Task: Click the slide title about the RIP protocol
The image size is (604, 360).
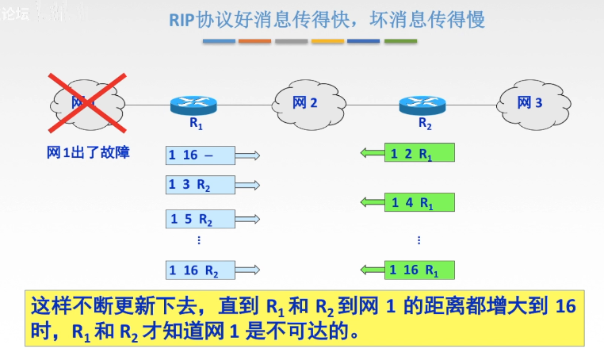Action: [x=326, y=19]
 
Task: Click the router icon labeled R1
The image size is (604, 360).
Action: [x=193, y=105]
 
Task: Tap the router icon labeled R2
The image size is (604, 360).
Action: [x=422, y=105]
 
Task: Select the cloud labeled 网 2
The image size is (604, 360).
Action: [x=305, y=103]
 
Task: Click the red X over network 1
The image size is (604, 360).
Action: [x=87, y=101]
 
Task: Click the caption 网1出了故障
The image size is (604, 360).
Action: [x=88, y=153]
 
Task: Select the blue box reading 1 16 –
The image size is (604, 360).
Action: [x=201, y=155]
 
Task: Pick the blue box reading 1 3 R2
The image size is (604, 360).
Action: [x=201, y=185]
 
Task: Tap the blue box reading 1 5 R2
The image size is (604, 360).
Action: [x=201, y=219]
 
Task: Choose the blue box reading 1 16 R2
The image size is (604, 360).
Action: [x=201, y=270]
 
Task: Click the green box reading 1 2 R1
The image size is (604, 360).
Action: [x=419, y=153]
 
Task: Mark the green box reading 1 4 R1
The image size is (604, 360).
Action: [x=419, y=202]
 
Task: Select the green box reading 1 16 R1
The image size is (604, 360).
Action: [x=419, y=270]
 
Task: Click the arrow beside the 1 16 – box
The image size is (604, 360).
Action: [x=248, y=155]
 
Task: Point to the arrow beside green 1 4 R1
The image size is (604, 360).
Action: [x=372, y=202]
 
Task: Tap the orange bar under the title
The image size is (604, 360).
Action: [x=254, y=40]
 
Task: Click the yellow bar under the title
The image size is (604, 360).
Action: [x=327, y=40]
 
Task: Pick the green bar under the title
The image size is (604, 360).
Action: [x=400, y=40]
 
